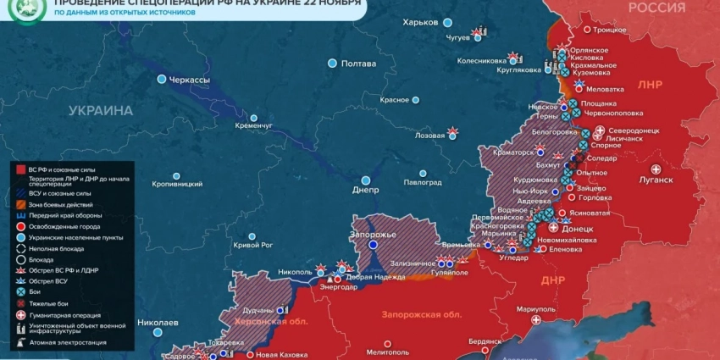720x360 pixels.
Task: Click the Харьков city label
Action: click(421, 21)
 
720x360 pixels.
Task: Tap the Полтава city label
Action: click(357, 64)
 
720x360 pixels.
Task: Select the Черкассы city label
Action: click(190, 80)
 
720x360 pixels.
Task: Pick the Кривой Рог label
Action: click(252, 245)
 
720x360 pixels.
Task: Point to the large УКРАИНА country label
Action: click(101, 110)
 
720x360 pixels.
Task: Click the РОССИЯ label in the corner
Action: click(656, 8)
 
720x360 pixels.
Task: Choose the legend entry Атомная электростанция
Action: click(68, 342)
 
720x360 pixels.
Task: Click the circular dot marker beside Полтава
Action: click(332, 64)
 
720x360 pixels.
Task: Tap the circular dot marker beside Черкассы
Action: click(162, 80)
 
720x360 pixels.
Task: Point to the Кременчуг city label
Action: click(254, 125)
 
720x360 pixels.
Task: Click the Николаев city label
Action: click(158, 323)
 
